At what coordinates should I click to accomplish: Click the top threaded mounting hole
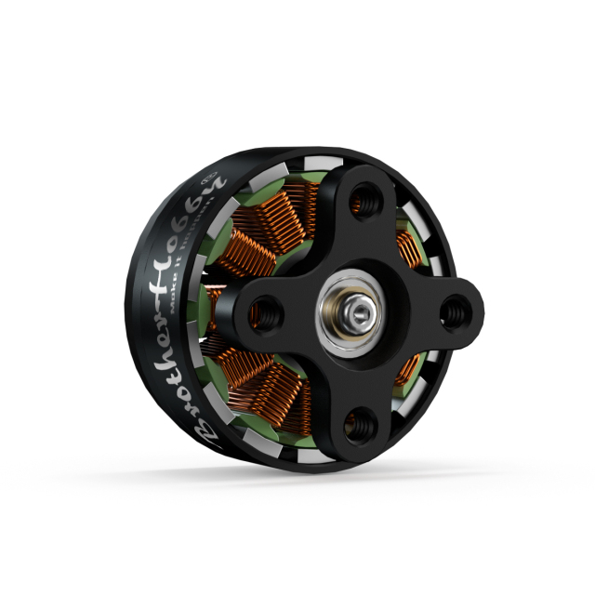(x=364, y=200)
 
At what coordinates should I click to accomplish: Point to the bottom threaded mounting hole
(x=361, y=424)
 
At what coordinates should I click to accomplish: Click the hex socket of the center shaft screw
(x=360, y=307)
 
